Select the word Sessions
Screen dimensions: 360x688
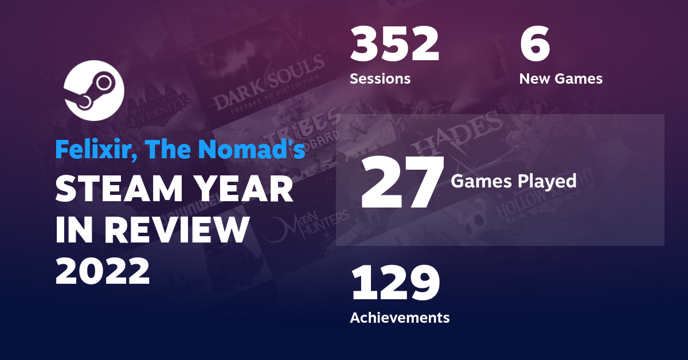tap(380, 79)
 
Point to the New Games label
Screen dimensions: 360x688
tap(561, 79)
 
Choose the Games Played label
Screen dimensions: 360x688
tap(513, 181)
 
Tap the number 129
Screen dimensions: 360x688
tap(395, 283)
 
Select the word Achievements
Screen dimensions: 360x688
tap(400, 317)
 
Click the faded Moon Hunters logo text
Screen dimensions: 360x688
tap(312, 221)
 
